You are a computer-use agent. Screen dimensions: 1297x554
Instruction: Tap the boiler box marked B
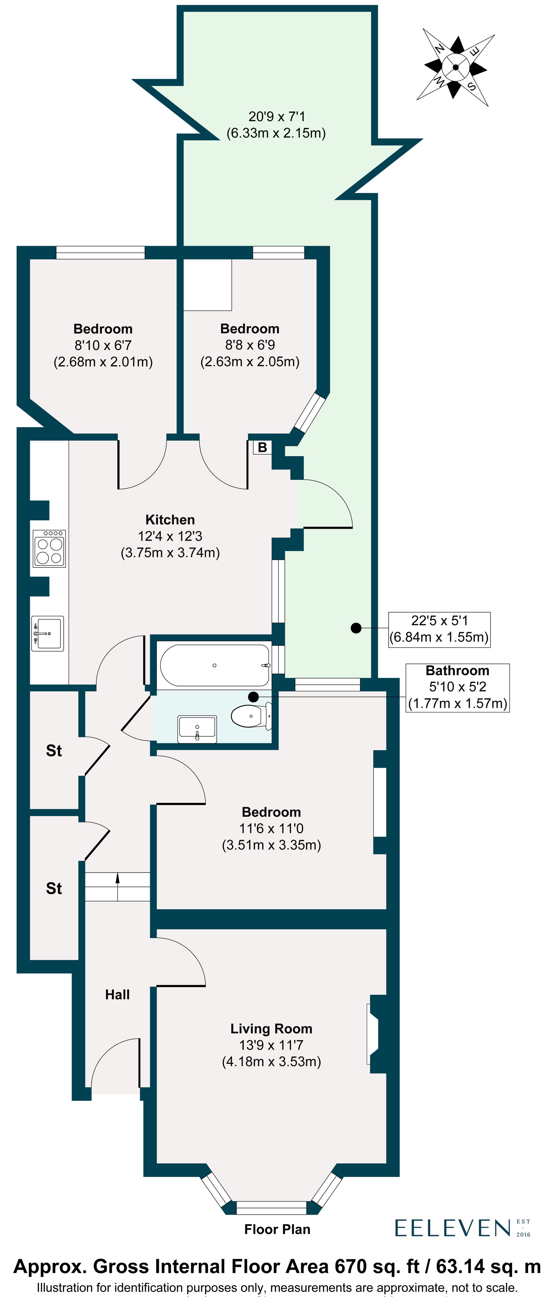tap(262, 447)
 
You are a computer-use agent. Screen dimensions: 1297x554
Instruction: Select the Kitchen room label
tap(170, 520)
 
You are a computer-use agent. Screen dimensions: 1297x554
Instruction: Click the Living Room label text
tap(271, 1029)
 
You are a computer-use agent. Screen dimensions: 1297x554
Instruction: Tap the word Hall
tap(117, 994)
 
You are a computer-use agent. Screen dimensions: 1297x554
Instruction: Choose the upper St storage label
tap(54, 751)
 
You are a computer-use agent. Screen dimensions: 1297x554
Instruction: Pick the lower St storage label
tap(54, 888)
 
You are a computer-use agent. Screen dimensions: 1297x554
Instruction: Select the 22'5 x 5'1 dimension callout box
tap(439, 629)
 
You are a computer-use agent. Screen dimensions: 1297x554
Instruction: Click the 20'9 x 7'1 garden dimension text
tap(276, 124)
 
